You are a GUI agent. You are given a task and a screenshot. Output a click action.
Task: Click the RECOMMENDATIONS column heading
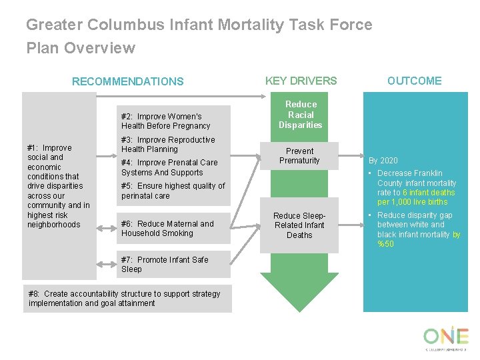(127, 81)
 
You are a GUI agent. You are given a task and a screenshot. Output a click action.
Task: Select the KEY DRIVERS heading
(301, 81)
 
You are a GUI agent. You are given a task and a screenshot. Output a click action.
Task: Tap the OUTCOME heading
(414, 81)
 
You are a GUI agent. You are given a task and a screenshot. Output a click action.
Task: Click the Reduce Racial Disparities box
(300, 115)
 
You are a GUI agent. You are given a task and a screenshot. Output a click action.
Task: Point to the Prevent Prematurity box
(299, 156)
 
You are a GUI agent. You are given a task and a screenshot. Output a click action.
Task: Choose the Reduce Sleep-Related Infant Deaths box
(299, 225)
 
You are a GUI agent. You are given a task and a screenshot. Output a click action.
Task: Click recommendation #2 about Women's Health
(165, 121)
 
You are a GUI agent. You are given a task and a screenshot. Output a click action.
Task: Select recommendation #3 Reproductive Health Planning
(168, 145)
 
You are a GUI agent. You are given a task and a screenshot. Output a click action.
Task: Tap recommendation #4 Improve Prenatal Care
(169, 167)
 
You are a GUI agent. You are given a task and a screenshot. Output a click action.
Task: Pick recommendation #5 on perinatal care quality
(173, 191)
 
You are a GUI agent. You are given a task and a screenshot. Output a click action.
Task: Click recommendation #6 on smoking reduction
(167, 229)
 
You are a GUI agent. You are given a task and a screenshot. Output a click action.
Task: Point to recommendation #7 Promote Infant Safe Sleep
(165, 264)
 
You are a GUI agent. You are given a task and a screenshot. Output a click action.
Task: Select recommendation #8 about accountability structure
(124, 298)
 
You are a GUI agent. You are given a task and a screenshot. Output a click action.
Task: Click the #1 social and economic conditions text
(58, 186)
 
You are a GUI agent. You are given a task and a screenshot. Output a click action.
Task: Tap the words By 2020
(383, 161)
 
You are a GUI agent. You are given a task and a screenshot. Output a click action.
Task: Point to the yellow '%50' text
(385, 244)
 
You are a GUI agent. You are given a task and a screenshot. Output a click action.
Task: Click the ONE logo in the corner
(445, 337)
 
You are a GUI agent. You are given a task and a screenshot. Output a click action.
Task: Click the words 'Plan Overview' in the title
(81, 48)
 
